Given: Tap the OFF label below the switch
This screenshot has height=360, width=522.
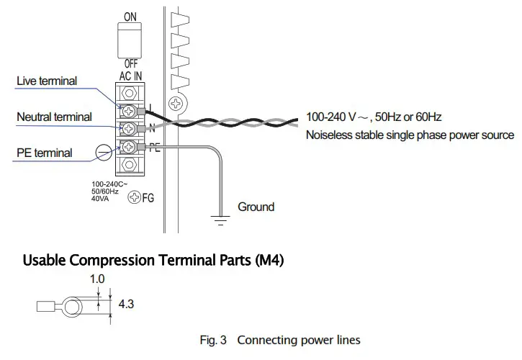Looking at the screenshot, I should pos(130,63).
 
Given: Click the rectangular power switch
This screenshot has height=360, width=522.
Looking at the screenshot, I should pos(130,40).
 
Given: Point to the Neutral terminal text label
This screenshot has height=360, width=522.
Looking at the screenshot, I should pos(55,117).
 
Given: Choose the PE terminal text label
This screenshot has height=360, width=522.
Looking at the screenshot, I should pos(44,153).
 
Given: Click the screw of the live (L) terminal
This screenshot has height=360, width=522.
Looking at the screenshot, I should pos(130,111).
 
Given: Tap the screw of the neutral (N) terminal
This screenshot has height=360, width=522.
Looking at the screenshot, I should pos(130,129).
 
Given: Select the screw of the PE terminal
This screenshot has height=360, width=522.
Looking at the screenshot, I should pos(130,148).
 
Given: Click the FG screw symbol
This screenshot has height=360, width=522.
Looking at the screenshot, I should pos(133,197).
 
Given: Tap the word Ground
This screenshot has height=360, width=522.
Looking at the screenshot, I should pos(256,207).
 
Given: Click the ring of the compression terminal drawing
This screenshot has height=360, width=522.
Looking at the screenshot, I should pos(72,308).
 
